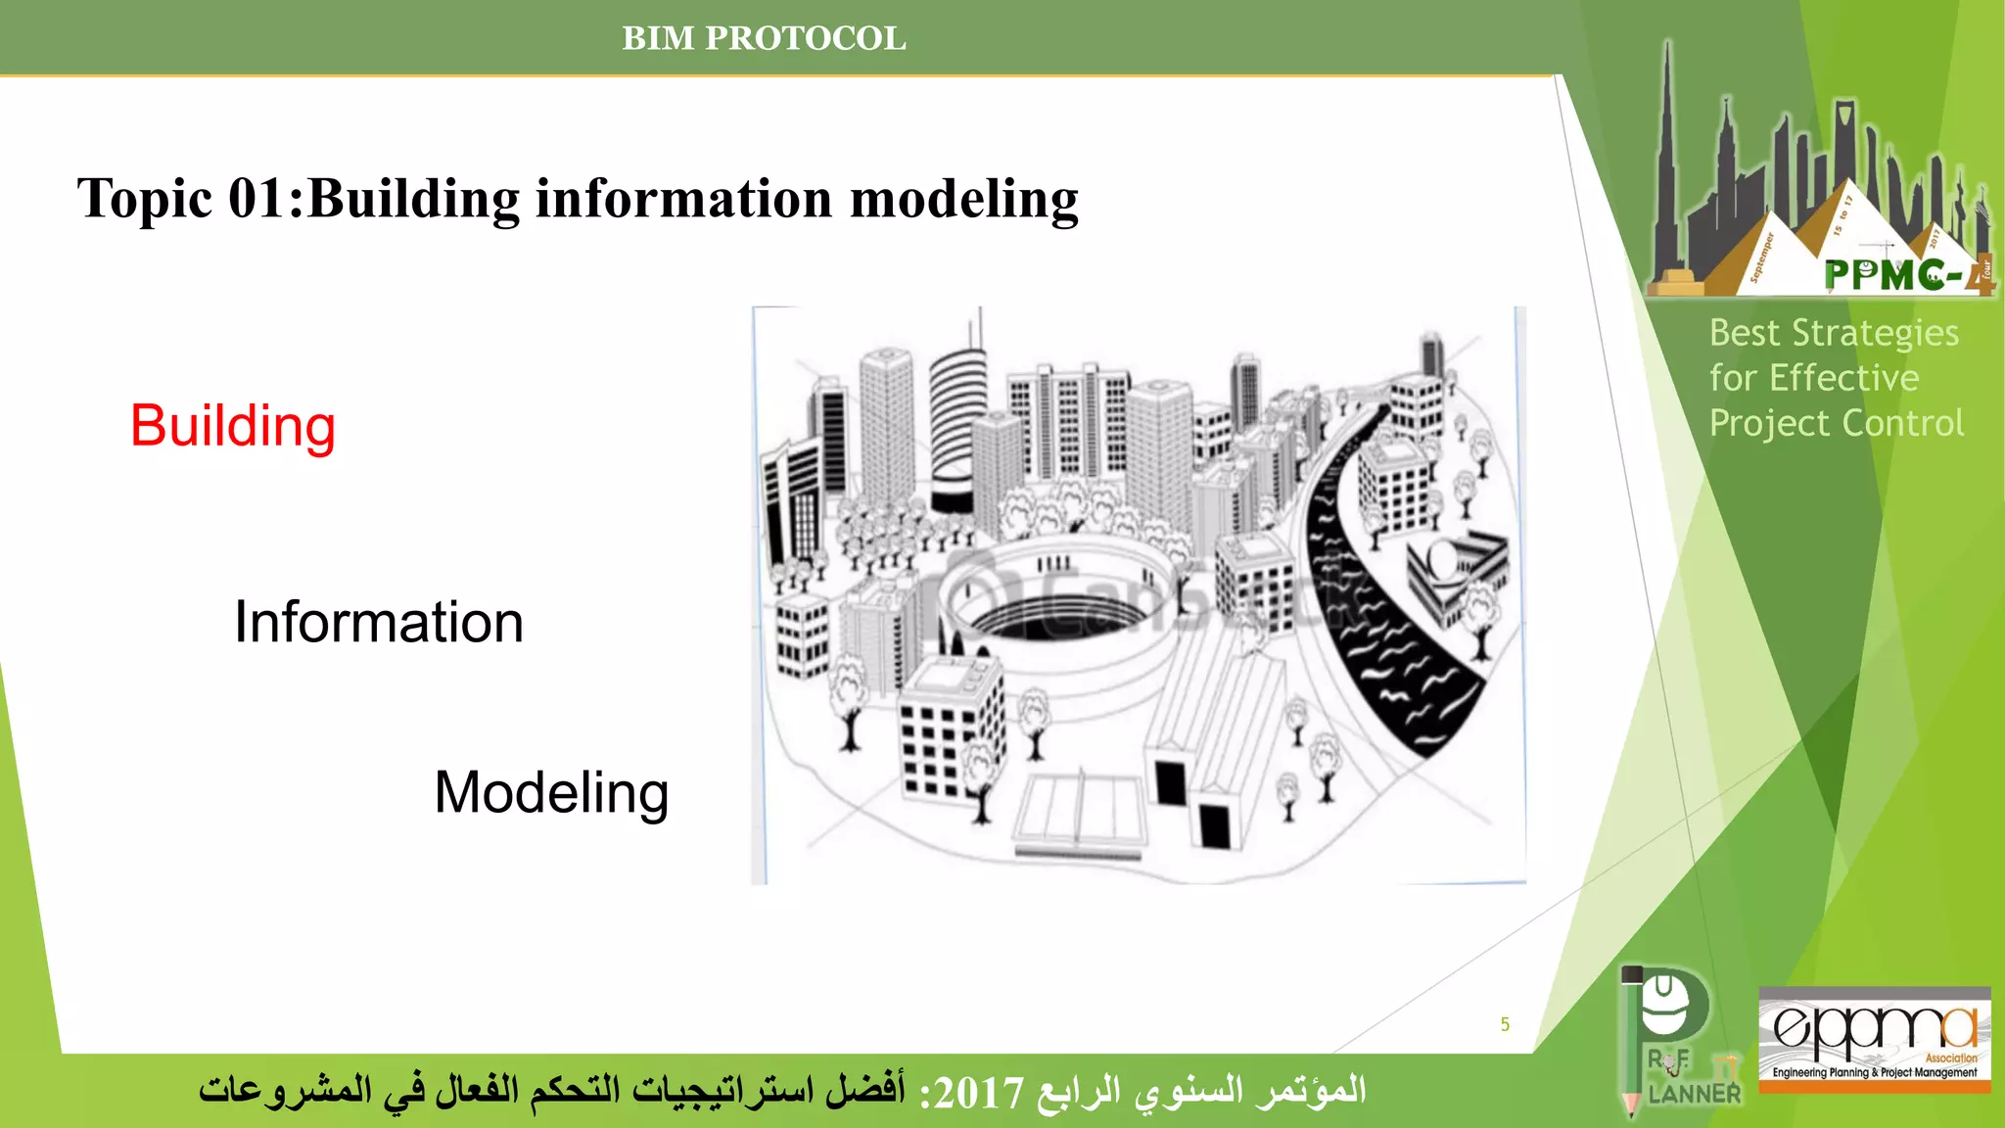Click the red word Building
233,427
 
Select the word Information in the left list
379,623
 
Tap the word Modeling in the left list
551,793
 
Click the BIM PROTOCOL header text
764,38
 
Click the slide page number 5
1505,1024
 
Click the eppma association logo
1874,1039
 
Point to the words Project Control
1836,424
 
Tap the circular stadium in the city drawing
1057,597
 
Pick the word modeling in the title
964,199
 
